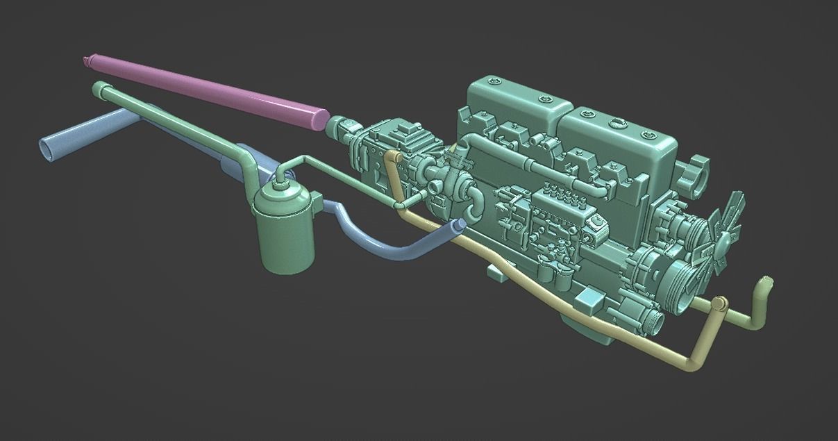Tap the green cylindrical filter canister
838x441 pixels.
coord(283,229)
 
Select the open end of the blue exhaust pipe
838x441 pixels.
coord(47,147)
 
